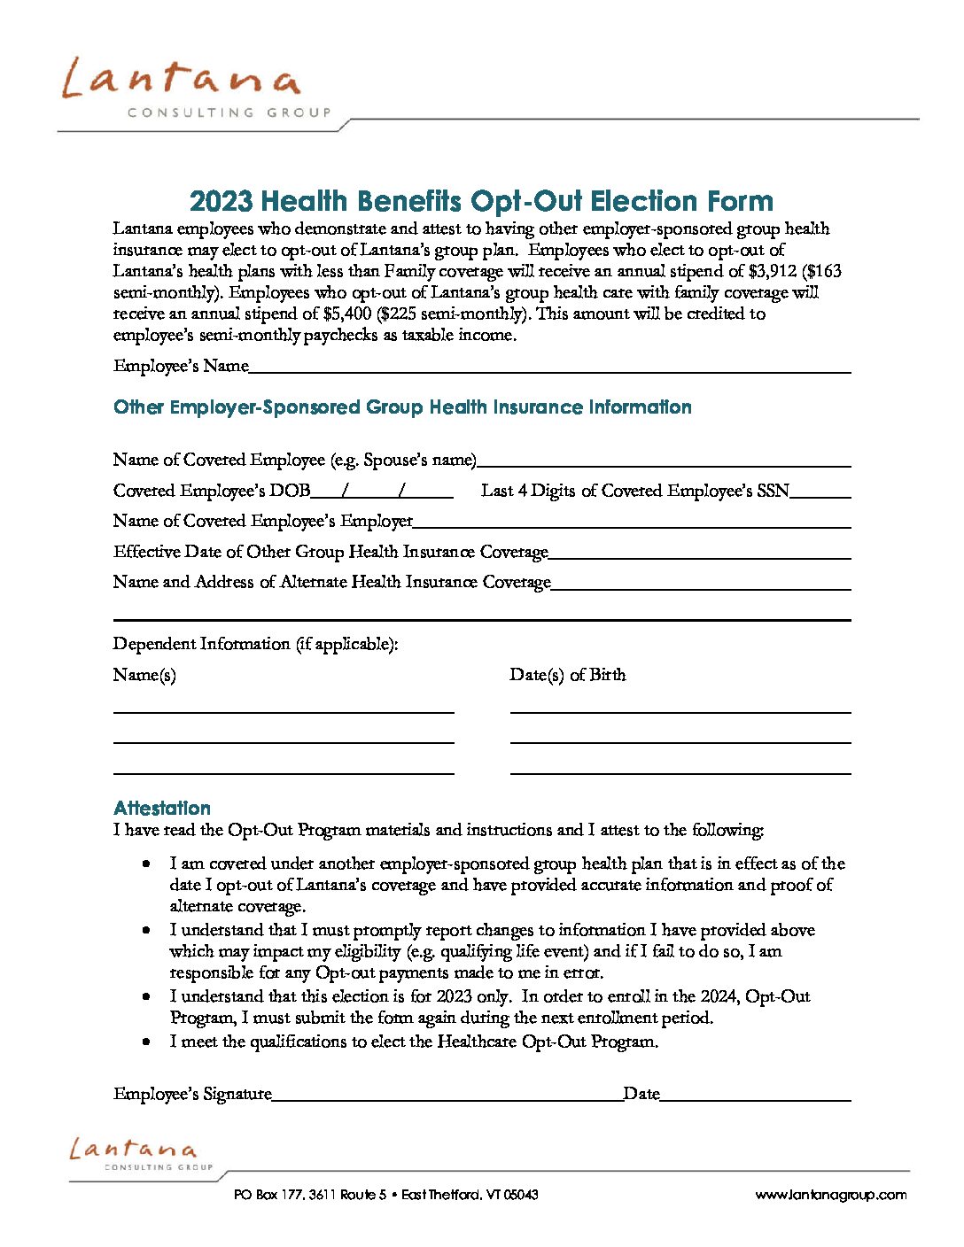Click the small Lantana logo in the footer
(x=135, y=1153)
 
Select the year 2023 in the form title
(x=222, y=201)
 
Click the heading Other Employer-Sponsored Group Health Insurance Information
(x=402, y=407)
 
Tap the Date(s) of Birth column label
(x=567, y=675)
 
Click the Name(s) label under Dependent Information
(x=144, y=675)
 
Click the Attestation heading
(x=162, y=808)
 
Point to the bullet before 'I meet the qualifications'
(x=146, y=1042)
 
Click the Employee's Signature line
(x=447, y=1096)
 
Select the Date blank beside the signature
(x=755, y=1096)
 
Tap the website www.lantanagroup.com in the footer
(x=830, y=1195)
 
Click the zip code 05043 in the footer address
(x=521, y=1195)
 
